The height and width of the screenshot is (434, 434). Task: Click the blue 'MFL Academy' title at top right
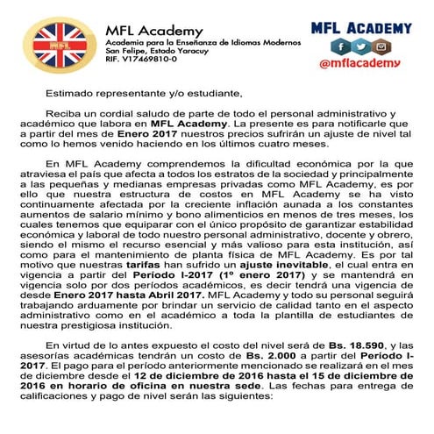(361, 28)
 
